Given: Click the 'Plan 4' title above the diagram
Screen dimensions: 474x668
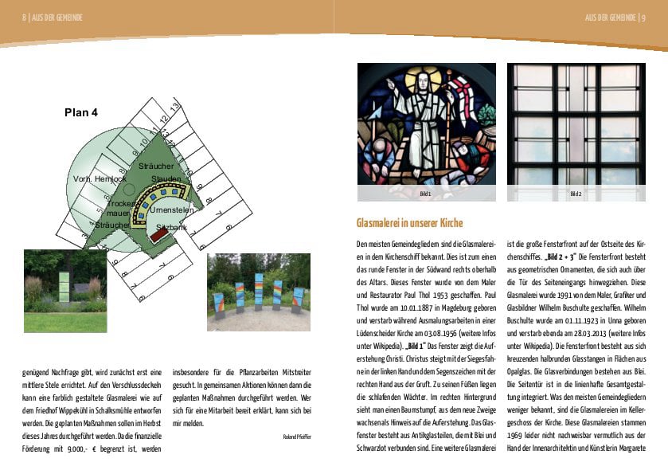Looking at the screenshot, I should tap(81, 113).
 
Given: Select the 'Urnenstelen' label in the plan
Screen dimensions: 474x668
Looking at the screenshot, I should tap(172, 209).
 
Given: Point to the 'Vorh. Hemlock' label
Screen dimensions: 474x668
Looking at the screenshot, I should tap(100, 179).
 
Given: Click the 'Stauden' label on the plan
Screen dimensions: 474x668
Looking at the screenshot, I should tap(166, 178).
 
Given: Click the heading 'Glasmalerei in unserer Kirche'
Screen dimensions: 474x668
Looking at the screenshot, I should tap(409, 223).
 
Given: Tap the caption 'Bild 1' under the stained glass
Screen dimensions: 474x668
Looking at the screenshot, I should tap(425, 194).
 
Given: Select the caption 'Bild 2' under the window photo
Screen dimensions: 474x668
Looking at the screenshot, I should tap(576, 194).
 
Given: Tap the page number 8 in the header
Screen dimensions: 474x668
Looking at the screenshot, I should tap(25, 18).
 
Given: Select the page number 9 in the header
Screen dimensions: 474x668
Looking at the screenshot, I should tap(643, 18).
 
